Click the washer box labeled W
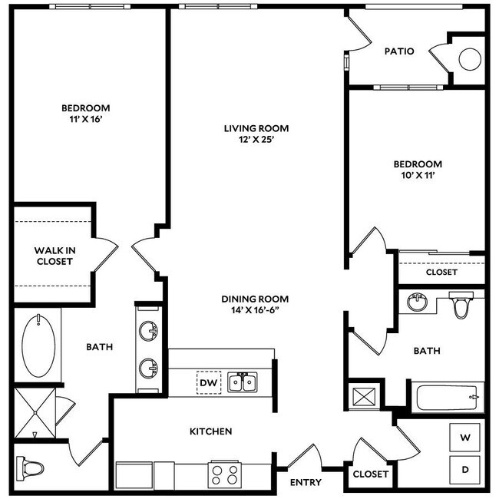click(x=464, y=438)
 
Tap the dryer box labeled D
click(x=464, y=468)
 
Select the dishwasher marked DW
click(x=208, y=382)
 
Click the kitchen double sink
click(x=243, y=382)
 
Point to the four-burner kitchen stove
click(x=225, y=474)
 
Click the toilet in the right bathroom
click(x=461, y=306)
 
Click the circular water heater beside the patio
click(x=468, y=59)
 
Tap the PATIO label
click(x=399, y=51)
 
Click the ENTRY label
click(x=305, y=482)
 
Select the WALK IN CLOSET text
click(x=54, y=256)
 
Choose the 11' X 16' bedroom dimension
click(x=85, y=121)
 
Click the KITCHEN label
click(x=210, y=431)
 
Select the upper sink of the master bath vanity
click(x=147, y=332)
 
